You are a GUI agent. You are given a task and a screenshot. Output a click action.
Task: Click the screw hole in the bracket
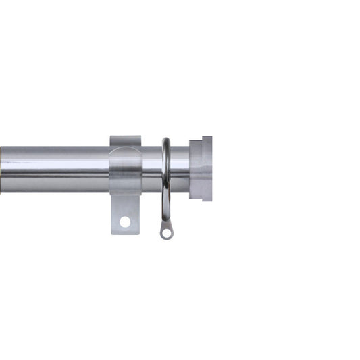click(x=125, y=221)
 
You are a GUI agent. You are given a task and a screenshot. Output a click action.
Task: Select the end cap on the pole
click(x=201, y=168)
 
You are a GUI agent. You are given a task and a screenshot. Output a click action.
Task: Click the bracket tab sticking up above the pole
click(x=125, y=140)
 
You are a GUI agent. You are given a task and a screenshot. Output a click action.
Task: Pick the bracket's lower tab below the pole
click(x=125, y=213)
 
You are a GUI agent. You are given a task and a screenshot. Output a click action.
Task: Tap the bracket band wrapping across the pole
click(x=125, y=169)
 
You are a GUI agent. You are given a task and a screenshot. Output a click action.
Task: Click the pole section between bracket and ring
click(x=152, y=169)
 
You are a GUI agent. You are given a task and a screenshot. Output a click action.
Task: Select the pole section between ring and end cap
click(x=180, y=169)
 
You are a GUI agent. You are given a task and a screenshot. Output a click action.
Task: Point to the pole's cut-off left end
click(x=3, y=169)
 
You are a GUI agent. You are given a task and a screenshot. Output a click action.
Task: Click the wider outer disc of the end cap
click(x=206, y=168)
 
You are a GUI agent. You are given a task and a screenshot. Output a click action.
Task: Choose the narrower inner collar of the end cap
click(x=194, y=168)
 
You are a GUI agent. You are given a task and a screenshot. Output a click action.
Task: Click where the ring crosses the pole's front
click(x=166, y=169)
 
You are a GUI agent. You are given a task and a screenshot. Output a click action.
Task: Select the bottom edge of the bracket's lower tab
click(x=125, y=234)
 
